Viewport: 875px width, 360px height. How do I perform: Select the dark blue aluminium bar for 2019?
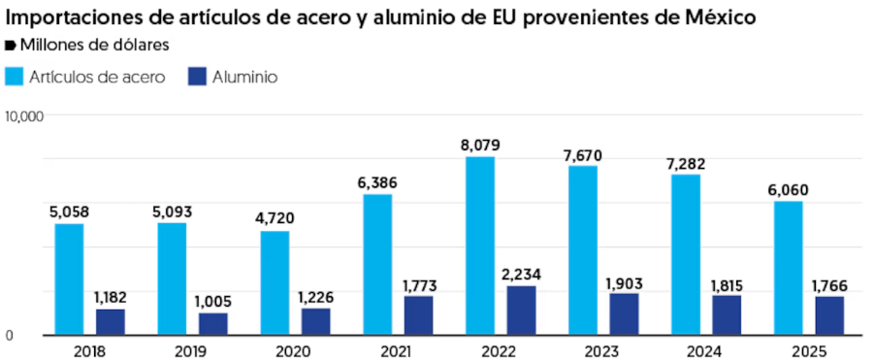click(x=213, y=324)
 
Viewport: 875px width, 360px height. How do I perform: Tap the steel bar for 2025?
click(x=788, y=268)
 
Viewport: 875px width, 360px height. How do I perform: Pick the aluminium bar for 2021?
click(x=418, y=315)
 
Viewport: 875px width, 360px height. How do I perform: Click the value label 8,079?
click(x=480, y=146)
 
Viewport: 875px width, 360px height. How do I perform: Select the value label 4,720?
click(x=275, y=219)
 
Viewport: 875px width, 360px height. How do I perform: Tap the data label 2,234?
click(x=521, y=275)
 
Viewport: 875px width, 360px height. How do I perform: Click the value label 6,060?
click(x=788, y=190)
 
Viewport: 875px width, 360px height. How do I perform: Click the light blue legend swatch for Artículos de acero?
click(x=15, y=77)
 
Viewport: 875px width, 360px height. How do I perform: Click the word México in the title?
click(x=720, y=17)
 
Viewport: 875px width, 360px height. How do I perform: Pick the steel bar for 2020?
click(x=275, y=283)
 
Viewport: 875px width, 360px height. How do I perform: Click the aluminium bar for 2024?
click(x=727, y=315)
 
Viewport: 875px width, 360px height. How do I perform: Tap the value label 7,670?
click(x=583, y=155)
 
